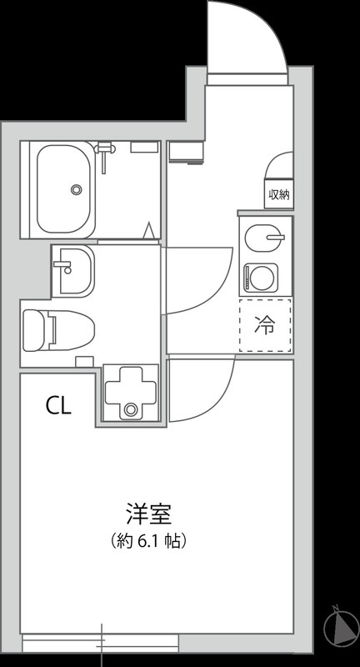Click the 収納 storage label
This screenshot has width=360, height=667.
point(278,195)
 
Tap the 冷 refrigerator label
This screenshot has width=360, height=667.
point(265,325)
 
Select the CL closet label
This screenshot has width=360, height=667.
point(58,406)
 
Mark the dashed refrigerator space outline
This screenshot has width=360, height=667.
point(265,325)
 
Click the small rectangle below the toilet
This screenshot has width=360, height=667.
point(83,361)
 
